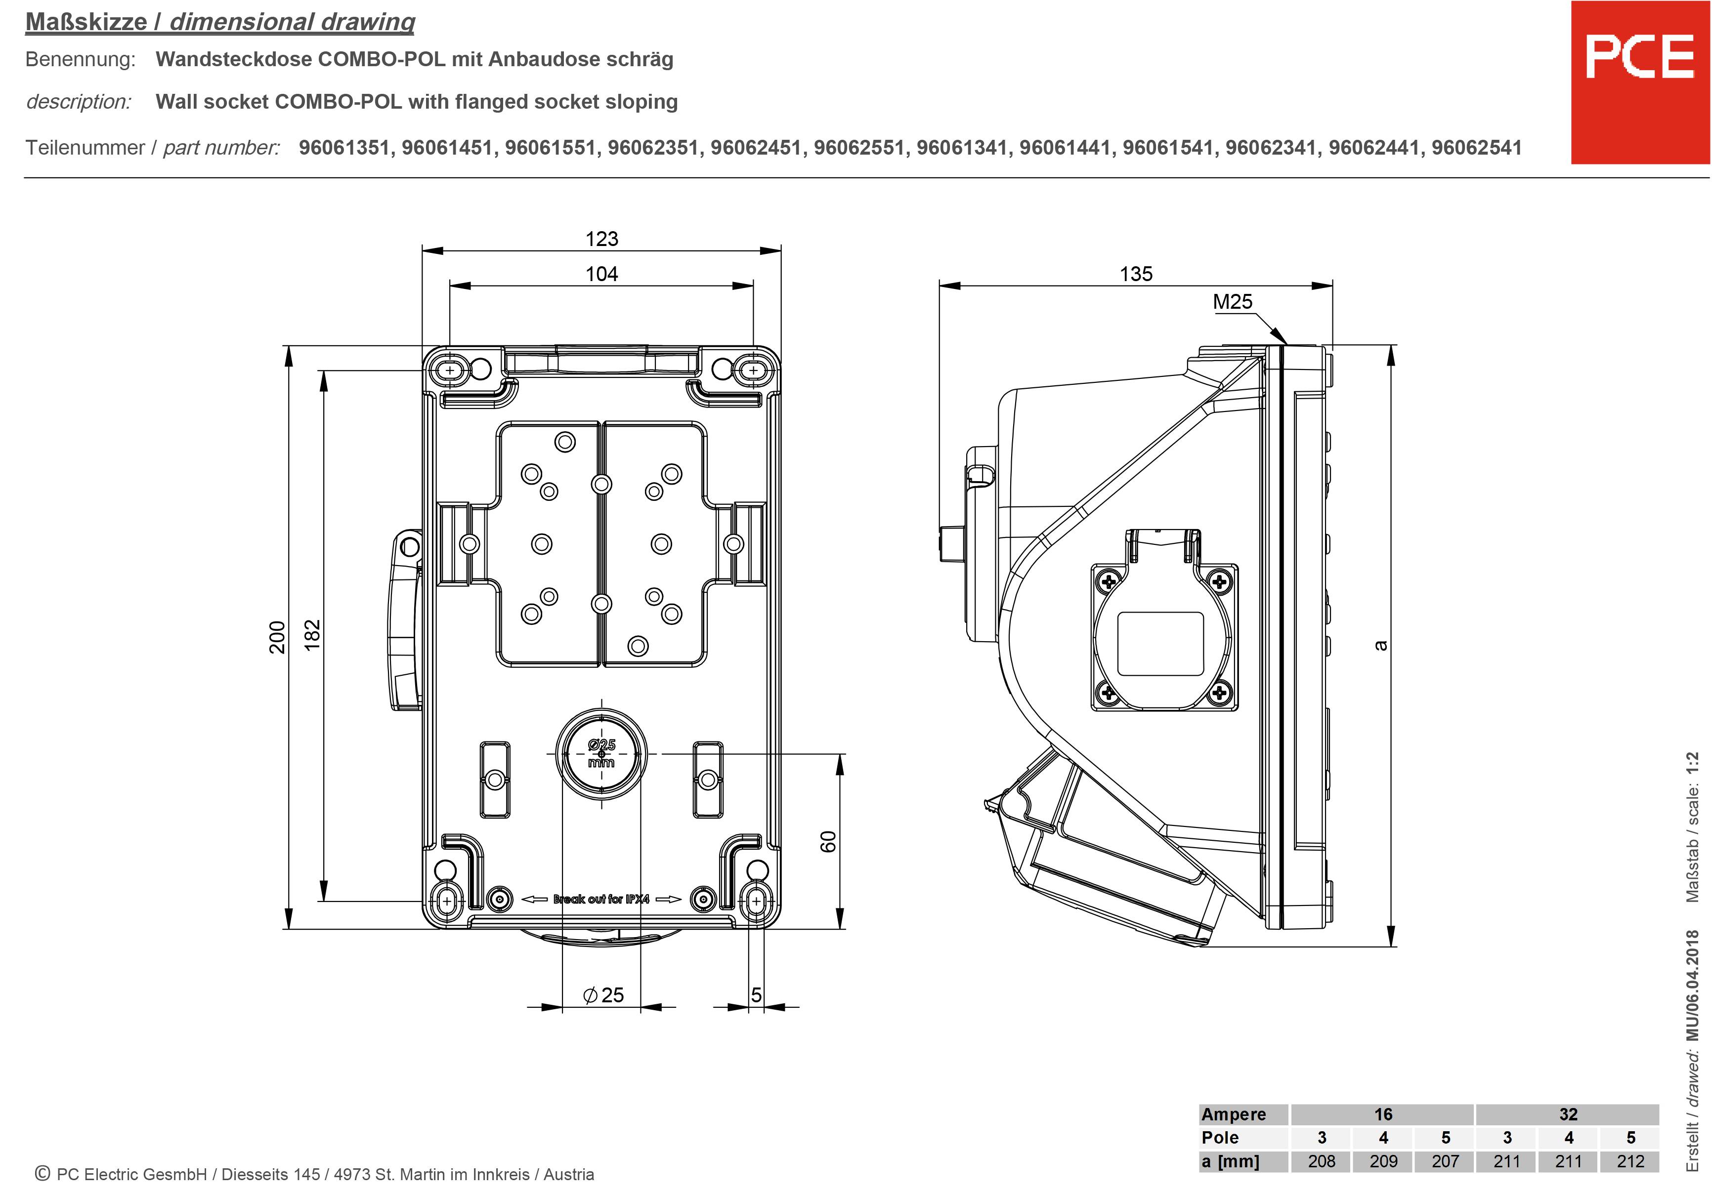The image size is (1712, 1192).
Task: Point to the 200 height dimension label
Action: (277, 637)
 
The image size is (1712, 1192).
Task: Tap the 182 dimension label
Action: (312, 635)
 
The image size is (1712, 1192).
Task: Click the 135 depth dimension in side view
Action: (1136, 274)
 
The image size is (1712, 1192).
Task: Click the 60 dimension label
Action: (828, 842)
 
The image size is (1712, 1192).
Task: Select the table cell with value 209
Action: (1383, 1161)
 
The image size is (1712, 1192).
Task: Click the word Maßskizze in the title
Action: (86, 22)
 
